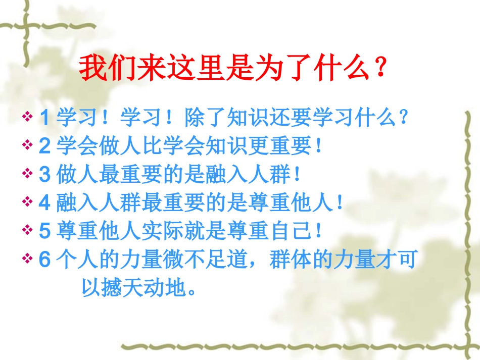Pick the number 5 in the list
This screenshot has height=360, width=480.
(x=44, y=231)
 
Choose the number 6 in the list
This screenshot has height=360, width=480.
(x=44, y=259)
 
